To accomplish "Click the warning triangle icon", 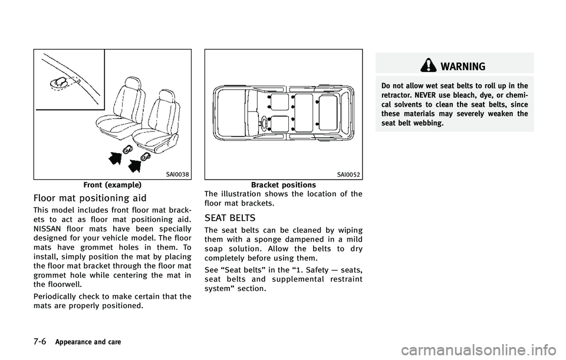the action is click(428, 66).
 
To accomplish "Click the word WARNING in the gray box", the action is click(463, 67).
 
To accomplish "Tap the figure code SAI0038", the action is click(177, 175).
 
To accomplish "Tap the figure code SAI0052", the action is click(348, 175).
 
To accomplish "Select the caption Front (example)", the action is click(112, 185).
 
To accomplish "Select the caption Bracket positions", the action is click(284, 185).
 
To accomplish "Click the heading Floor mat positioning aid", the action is click(90, 198).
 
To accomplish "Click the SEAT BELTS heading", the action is click(230, 218).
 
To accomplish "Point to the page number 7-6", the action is click(40, 342).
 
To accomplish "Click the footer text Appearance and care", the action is click(88, 342).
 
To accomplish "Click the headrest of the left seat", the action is click(131, 84).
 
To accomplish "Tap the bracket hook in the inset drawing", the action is click(60, 83).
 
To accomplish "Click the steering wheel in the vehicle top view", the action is click(265, 123).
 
